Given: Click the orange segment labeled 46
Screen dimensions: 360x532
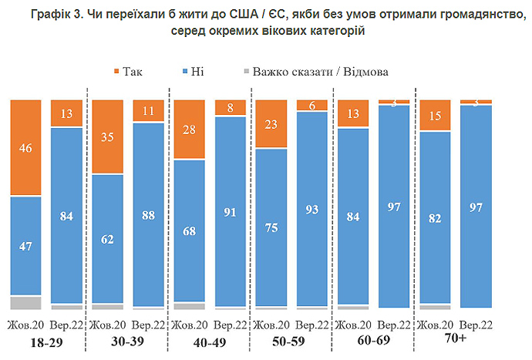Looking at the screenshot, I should tap(25, 147).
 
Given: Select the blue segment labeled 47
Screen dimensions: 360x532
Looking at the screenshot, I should tap(25, 247).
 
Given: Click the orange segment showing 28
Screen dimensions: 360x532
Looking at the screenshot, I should tap(189, 130).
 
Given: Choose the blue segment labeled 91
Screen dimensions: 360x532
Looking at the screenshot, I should tap(230, 212).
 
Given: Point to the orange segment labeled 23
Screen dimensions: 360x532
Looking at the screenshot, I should tap(271, 123).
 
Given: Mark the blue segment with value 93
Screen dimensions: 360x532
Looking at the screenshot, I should tap(311, 210).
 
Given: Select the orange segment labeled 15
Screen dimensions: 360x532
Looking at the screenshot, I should tap(435, 116).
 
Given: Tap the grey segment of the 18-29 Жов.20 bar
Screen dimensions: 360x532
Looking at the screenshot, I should tap(25, 302).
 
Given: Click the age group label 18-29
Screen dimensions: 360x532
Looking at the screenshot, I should tap(45, 340).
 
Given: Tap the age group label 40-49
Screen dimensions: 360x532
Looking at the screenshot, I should tap(210, 340).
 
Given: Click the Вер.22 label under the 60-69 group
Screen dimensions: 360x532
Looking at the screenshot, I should tap(393, 324).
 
